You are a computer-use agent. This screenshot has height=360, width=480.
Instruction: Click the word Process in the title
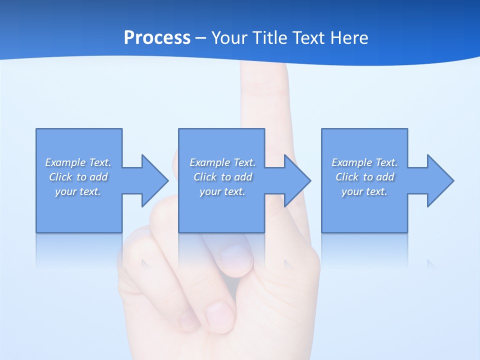pos(157,38)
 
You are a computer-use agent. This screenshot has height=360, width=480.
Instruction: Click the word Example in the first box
pos(65,162)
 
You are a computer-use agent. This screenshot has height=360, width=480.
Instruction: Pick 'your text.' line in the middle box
pos(222,191)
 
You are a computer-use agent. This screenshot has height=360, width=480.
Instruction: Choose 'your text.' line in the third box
pos(364,191)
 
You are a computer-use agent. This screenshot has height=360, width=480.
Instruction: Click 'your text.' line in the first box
pos(78,191)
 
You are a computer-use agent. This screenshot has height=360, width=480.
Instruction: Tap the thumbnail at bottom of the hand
pos(220,315)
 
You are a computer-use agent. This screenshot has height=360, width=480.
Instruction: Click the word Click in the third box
pos(347,177)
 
